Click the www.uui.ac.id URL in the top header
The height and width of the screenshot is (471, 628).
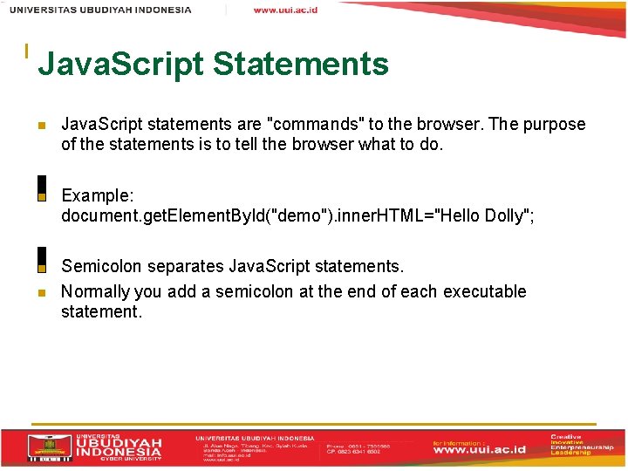coord(285,10)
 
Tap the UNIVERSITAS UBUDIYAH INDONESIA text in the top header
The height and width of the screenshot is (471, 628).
coord(101,10)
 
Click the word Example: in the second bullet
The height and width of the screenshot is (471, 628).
coord(96,196)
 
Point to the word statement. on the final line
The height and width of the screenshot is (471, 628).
coord(101,311)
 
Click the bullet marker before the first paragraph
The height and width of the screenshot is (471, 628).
coord(41,125)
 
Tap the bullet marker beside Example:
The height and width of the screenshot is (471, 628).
coord(41,196)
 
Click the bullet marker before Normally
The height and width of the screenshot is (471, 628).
coord(41,292)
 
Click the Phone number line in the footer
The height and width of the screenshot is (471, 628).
coord(358,445)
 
